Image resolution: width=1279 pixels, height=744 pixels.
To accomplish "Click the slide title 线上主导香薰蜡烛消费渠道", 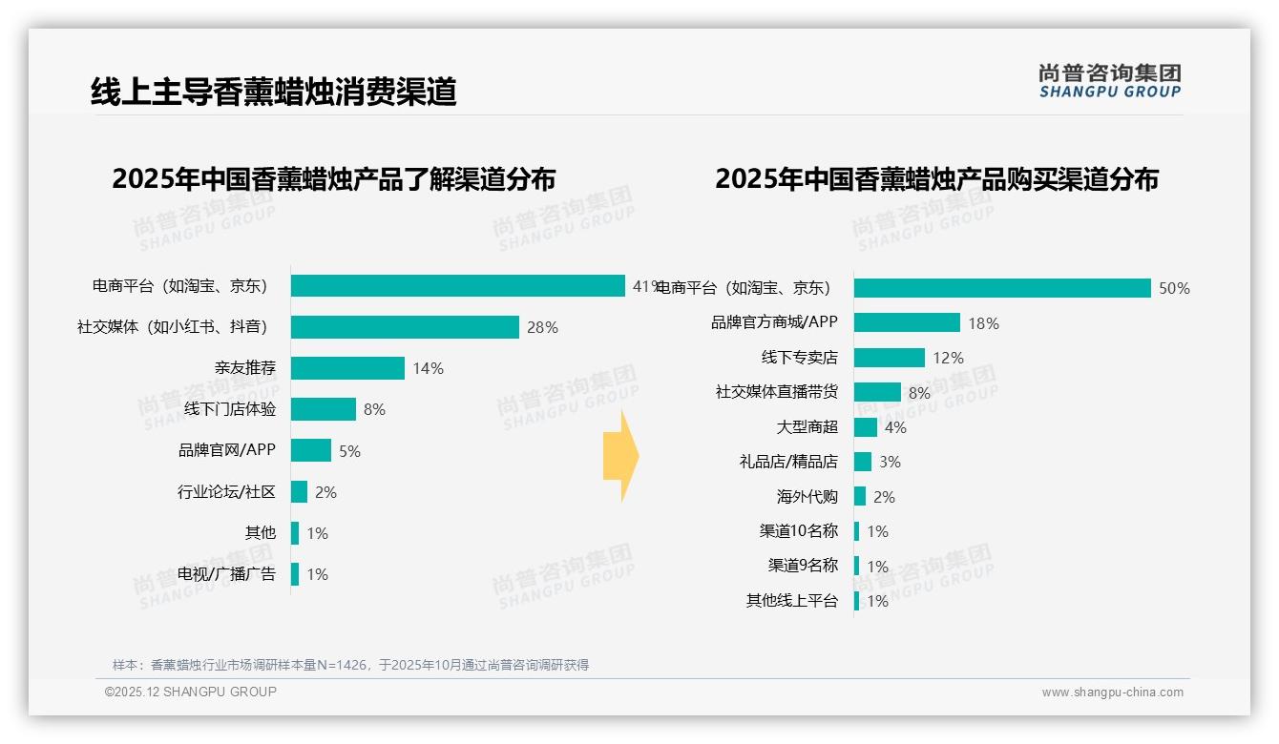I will (274, 92).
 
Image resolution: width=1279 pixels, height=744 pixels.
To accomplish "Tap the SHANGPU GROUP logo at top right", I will (1109, 81).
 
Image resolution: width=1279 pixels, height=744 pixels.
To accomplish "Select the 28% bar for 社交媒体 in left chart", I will (405, 327).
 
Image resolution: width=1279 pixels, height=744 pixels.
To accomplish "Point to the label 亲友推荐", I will (244, 368).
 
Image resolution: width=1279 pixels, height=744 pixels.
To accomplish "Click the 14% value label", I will (428, 368).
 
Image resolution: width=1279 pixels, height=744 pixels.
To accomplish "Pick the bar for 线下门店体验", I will (323, 409).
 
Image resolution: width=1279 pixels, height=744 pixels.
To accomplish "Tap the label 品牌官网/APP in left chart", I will (226, 450).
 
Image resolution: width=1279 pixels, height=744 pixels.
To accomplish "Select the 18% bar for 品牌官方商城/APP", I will (906, 322).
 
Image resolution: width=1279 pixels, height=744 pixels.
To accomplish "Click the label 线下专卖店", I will (799, 358).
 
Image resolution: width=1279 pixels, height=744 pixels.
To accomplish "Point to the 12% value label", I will (948, 358).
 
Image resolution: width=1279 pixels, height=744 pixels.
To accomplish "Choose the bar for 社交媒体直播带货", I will (876, 392).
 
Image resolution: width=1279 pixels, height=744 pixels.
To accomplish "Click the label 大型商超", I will (807, 426).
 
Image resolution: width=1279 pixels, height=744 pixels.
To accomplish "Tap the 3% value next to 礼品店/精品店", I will (890, 462).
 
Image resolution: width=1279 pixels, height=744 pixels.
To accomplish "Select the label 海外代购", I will (807, 496).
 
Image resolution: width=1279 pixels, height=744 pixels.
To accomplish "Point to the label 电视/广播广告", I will (226, 574).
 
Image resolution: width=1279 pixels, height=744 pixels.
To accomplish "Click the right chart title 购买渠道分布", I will (936, 178).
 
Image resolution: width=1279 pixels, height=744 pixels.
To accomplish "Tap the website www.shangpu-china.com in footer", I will (1112, 692).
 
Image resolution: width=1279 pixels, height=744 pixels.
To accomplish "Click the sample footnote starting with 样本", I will (350, 665).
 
